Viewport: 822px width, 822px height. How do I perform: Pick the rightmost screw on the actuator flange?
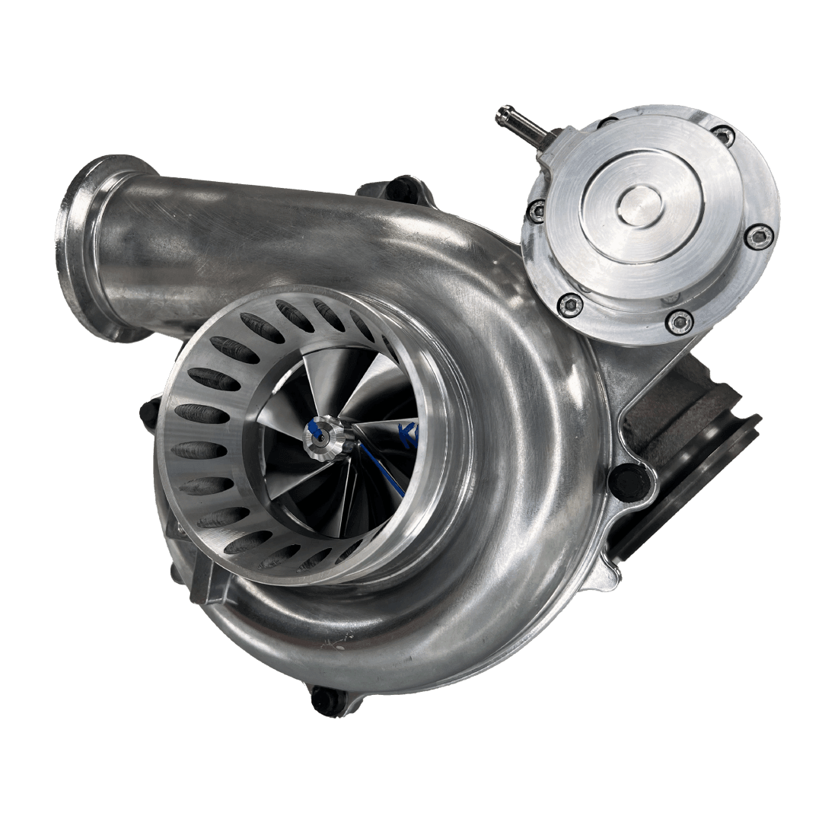pyautogui.click(x=758, y=237)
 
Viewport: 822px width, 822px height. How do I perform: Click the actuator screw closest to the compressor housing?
pyautogui.click(x=570, y=305)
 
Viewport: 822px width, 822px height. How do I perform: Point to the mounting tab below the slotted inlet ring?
pyautogui.click(x=205, y=587)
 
